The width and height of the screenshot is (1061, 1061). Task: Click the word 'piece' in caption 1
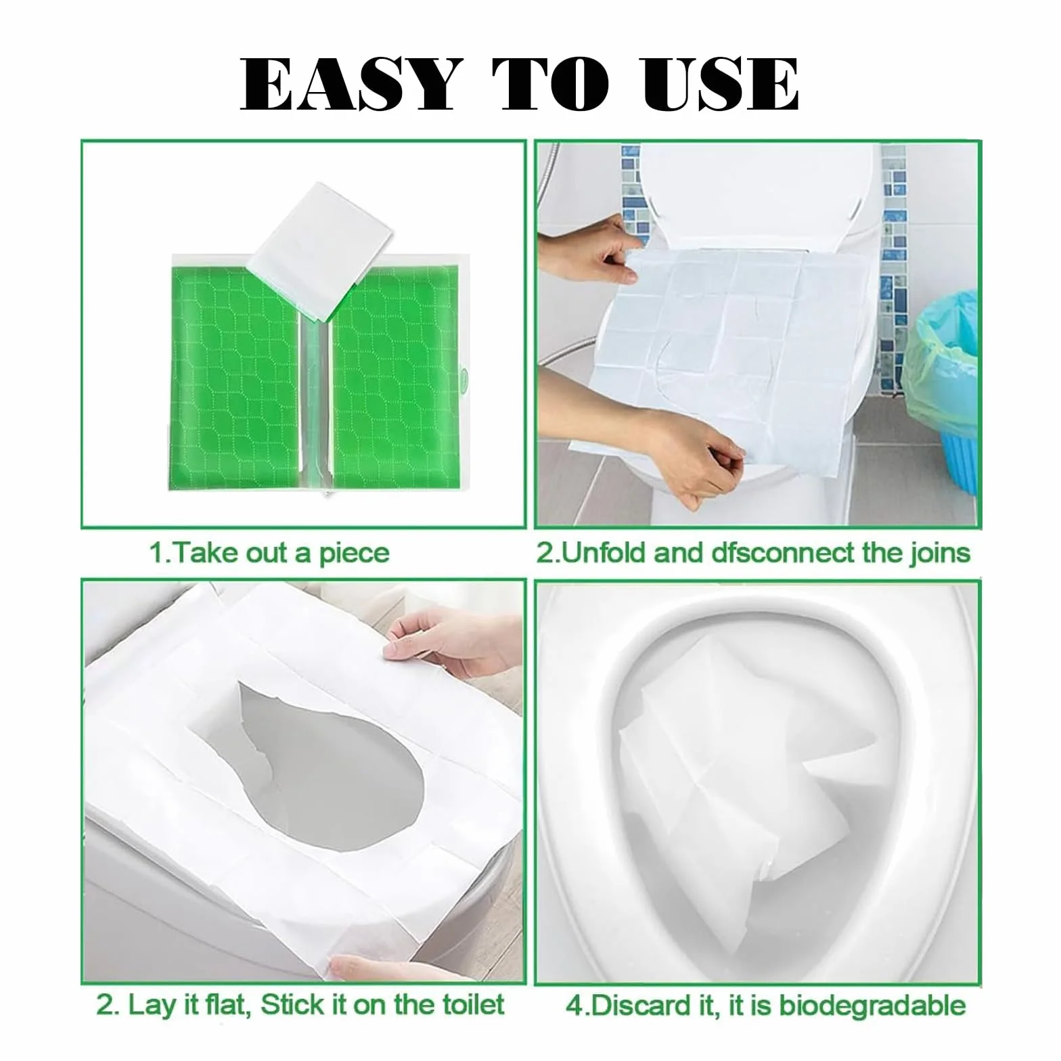pos(354,554)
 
